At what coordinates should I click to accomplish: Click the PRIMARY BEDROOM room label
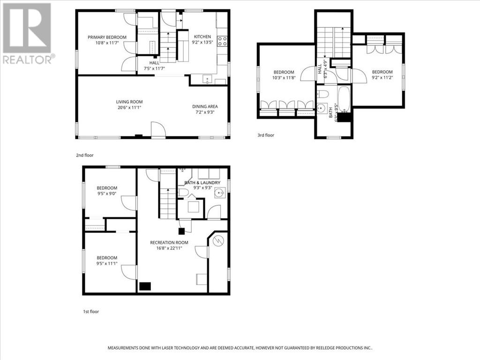click(x=107, y=37)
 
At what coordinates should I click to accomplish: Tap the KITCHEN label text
click(x=202, y=37)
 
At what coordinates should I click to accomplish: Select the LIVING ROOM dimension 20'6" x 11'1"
click(x=129, y=107)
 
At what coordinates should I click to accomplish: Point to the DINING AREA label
click(x=205, y=106)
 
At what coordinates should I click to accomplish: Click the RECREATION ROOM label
click(x=169, y=243)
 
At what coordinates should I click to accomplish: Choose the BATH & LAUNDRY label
click(x=202, y=183)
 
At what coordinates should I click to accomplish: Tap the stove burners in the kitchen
click(x=222, y=41)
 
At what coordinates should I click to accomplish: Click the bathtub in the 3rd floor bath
click(x=345, y=99)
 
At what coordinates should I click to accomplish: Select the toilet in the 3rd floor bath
click(x=322, y=94)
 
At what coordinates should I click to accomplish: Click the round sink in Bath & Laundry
click(x=219, y=193)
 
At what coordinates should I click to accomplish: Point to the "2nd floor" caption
click(x=85, y=155)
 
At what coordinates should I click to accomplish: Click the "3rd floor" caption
click(x=266, y=135)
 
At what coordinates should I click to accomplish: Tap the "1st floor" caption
click(x=91, y=312)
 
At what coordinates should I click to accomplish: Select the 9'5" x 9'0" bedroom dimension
click(x=107, y=194)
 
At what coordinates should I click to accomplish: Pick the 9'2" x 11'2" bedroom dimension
click(x=382, y=78)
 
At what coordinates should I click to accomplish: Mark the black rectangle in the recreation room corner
click(x=145, y=286)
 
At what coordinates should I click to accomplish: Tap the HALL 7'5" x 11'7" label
click(x=154, y=66)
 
